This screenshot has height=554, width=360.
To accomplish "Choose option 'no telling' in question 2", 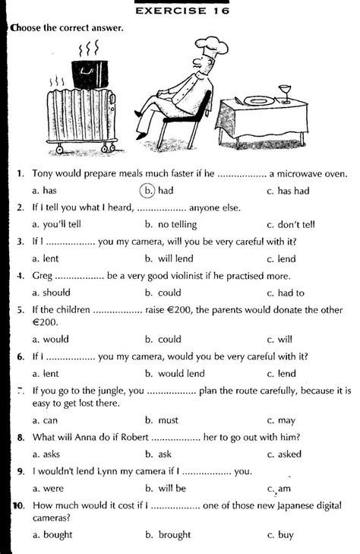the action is coord(170,224).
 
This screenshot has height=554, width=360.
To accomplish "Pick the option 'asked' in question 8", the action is coord(291,454).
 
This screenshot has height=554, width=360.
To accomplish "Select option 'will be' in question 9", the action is coord(171,488).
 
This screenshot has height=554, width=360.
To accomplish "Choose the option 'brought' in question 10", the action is coord(174,535).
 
